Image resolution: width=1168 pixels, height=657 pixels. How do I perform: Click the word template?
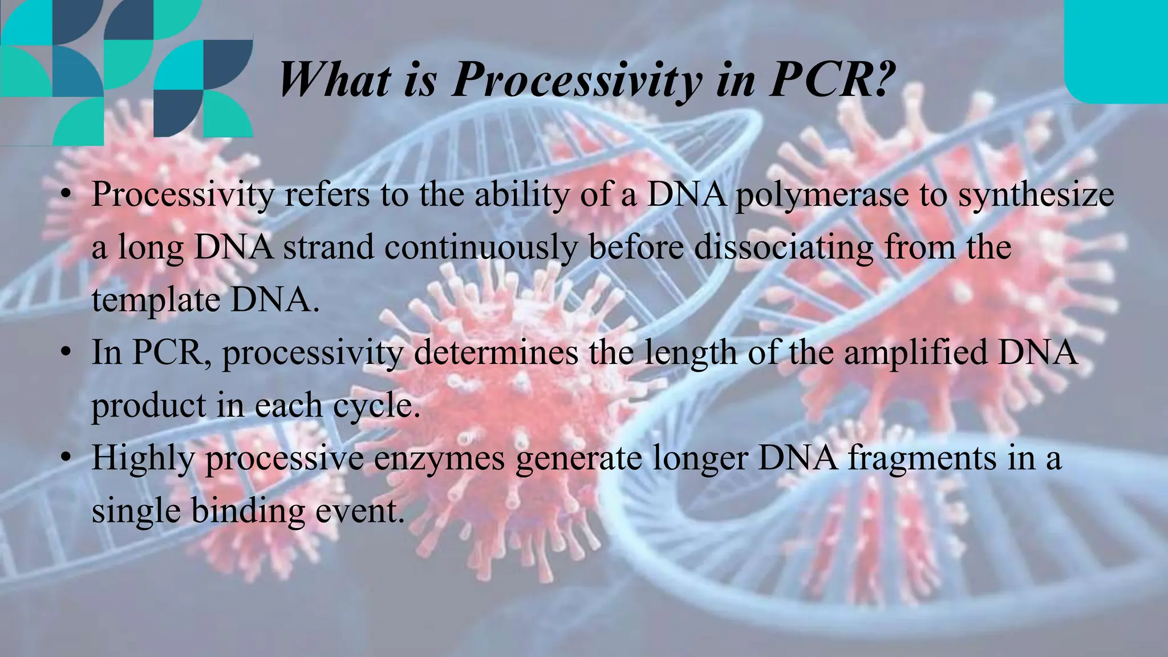(156, 301)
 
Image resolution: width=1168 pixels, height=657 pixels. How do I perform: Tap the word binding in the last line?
(248, 510)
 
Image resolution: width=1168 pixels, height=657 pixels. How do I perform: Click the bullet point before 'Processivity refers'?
(67, 195)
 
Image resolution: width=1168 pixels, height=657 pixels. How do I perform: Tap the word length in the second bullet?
(690, 352)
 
